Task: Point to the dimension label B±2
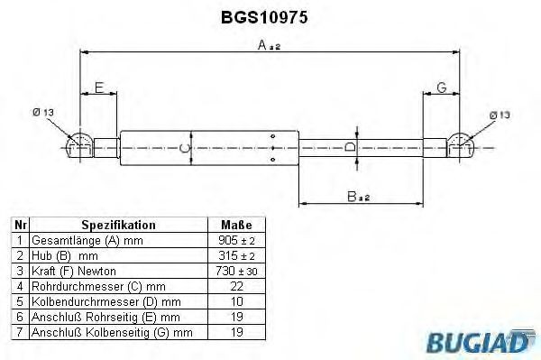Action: [x=360, y=197]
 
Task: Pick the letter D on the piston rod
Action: [x=352, y=146]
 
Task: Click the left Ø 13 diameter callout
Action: [x=42, y=112]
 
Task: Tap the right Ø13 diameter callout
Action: [x=500, y=115]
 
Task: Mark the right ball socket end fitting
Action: [x=462, y=145]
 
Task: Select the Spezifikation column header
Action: [x=118, y=225]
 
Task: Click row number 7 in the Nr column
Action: [x=19, y=333]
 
